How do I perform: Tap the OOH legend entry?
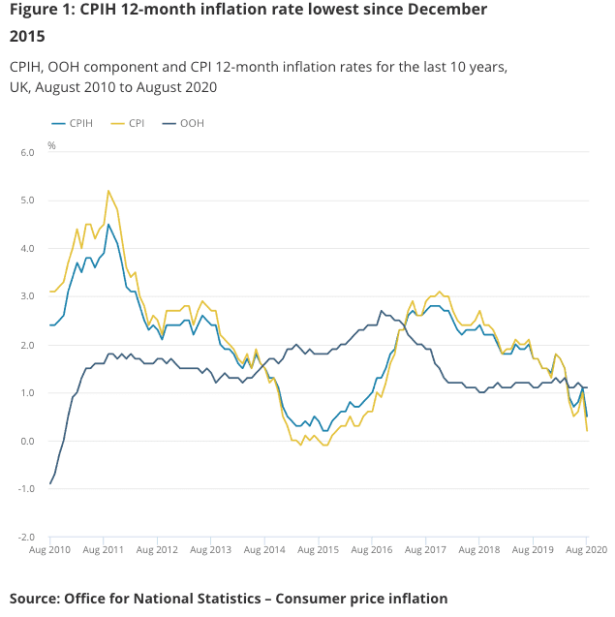(191, 124)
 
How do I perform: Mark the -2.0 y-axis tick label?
(26, 538)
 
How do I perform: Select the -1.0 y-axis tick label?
(26, 489)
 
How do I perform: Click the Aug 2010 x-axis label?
(50, 549)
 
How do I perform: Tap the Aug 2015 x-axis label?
(319, 549)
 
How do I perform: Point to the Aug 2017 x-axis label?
(426, 549)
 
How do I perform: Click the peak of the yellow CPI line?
(108, 191)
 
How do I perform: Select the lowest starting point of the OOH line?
(50, 483)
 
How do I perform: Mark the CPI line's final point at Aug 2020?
(587, 431)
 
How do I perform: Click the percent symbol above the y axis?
(51, 145)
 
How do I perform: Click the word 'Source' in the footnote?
(34, 598)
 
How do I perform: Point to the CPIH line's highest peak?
(108, 225)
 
